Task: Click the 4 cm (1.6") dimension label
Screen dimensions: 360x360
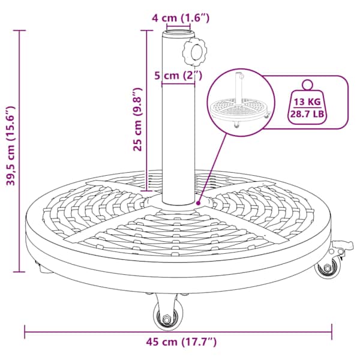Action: click(x=181, y=18)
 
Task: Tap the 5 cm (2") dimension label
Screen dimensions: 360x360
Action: click(x=178, y=75)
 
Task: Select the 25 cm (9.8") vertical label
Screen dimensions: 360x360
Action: click(x=138, y=119)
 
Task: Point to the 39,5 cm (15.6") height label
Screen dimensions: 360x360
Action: click(x=11, y=146)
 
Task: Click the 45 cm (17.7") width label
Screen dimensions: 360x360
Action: click(x=181, y=342)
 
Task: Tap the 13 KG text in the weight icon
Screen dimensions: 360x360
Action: click(x=307, y=101)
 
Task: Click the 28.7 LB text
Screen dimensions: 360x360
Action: click(x=307, y=113)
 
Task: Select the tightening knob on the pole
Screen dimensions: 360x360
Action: click(x=194, y=52)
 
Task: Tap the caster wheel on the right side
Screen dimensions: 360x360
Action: click(x=328, y=268)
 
